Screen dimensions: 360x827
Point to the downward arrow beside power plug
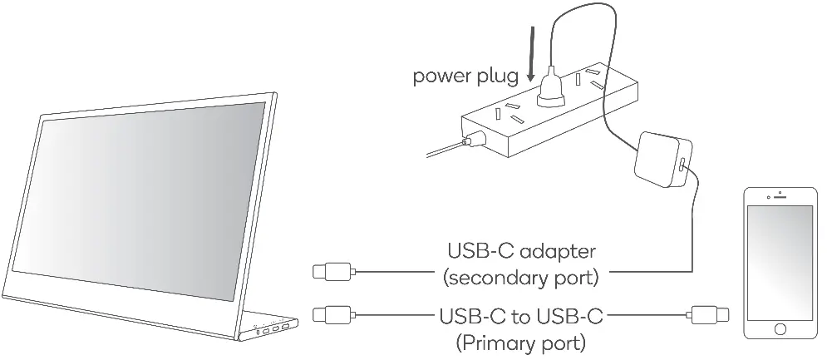click(x=531, y=55)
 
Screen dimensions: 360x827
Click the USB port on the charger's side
click(x=682, y=165)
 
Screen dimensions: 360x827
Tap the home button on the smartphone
click(x=780, y=329)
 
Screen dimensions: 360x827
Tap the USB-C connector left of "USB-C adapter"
click(x=333, y=271)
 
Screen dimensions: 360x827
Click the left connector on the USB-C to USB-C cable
click(x=333, y=315)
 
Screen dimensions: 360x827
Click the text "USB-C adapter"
click(x=521, y=250)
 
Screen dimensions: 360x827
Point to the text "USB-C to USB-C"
click(x=521, y=316)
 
